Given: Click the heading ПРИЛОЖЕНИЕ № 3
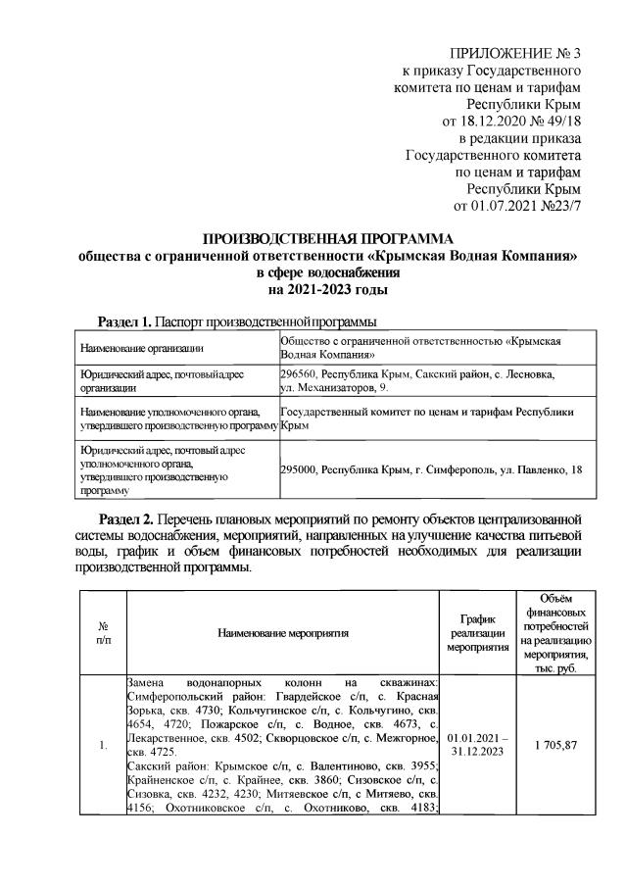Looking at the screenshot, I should [x=514, y=52].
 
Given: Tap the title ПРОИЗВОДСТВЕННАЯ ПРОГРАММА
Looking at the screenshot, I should [x=328, y=239].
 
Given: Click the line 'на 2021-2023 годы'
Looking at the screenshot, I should [x=328, y=291].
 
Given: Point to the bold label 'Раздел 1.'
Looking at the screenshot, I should [x=125, y=322].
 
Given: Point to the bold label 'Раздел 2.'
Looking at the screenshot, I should [x=125, y=516].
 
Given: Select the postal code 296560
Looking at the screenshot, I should [x=299, y=374].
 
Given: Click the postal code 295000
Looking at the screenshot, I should [x=299, y=469].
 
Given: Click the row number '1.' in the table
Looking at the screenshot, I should [x=104, y=746].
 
